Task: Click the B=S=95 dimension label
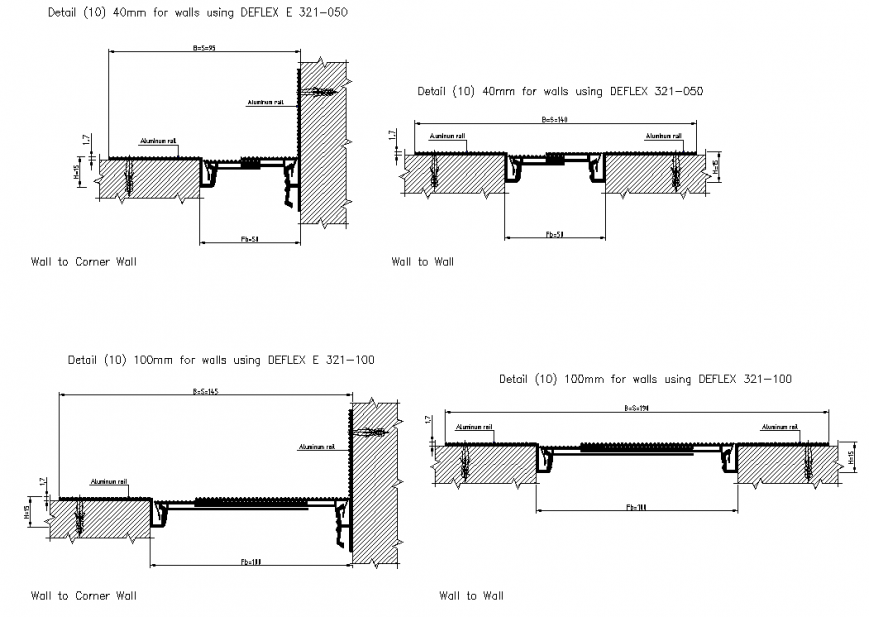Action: (205, 48)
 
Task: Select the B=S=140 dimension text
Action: (554, 120)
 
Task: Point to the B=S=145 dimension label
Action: (205, 391)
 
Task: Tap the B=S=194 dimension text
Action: (636, 408)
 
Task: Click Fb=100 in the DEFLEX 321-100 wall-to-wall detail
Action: (636, 507)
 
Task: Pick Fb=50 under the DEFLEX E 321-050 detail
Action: (250, 239)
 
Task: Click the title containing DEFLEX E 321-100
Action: (221, 360)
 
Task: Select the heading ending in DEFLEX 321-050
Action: (559, 91)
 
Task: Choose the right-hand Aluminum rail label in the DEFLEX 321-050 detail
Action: (663, 136)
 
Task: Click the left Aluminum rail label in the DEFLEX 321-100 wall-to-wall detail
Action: (474, 426)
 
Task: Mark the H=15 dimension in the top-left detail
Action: (78, 172)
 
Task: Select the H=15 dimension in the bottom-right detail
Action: (850, 457)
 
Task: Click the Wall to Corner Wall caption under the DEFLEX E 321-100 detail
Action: (84, 595)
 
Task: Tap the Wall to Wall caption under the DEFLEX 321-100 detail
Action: (471, 595)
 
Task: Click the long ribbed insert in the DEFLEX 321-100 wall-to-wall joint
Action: (637, 450)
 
